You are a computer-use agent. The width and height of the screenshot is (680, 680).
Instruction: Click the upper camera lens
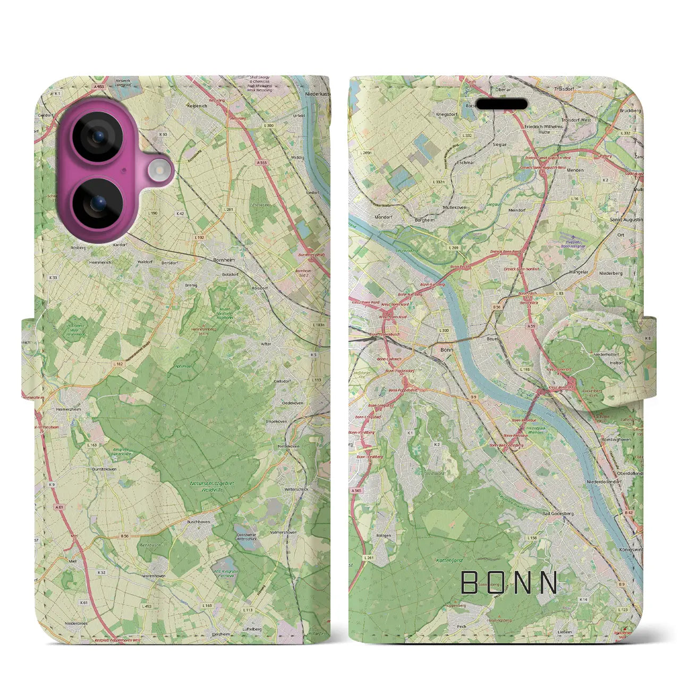pos(98,137)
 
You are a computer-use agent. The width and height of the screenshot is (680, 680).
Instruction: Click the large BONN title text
pos(509,583)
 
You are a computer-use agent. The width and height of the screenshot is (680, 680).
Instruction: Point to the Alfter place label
pos(266,344)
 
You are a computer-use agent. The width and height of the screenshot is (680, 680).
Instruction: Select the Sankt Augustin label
pos(626,219)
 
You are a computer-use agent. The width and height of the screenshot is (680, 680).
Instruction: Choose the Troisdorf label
pos(565,89)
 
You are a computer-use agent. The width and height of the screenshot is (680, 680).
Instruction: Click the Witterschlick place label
pos(296,489)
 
